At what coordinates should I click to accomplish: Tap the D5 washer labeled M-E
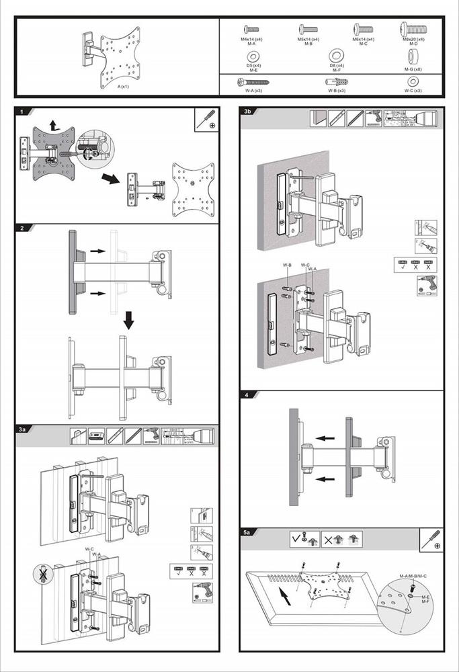[x=253, y=55]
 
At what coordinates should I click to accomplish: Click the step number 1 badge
[x=22, y=112]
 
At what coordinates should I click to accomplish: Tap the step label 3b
[x=248, y=112]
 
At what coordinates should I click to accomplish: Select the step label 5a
[x=248, y=532]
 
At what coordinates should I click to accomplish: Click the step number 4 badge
[x=247, y=395]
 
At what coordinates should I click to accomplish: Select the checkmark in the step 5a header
[x=296, y=538]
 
